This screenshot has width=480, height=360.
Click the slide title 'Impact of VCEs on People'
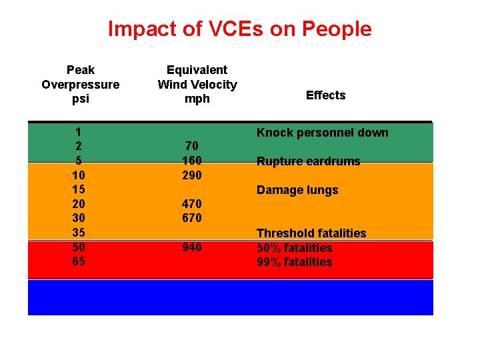[239, 29]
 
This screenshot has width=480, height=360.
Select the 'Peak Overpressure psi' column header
[81, 84]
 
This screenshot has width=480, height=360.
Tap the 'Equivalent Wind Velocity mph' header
[197, 84]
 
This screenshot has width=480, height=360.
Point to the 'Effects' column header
[325, 95]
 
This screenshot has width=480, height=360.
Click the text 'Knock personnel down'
[322, 133]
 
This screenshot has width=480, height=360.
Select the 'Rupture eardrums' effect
[308, 161]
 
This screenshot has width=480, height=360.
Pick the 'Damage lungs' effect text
[297, 190]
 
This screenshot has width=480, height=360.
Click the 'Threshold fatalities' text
[311, 233]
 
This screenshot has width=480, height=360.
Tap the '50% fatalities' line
[294, 248]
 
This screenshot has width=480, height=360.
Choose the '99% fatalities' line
[294, 262]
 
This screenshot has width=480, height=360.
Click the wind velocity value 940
[192, 247]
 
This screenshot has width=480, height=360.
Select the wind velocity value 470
[192, 204]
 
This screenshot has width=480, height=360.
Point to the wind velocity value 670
[192, 219]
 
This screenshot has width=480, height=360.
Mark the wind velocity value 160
[192, 161]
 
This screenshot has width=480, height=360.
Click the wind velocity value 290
[192, 175]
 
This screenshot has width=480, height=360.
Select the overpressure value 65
[79, 261]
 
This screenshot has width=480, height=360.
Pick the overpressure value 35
[79, 233]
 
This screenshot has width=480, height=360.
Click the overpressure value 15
[79, 190]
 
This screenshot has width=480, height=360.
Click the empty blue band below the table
[230, 297]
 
